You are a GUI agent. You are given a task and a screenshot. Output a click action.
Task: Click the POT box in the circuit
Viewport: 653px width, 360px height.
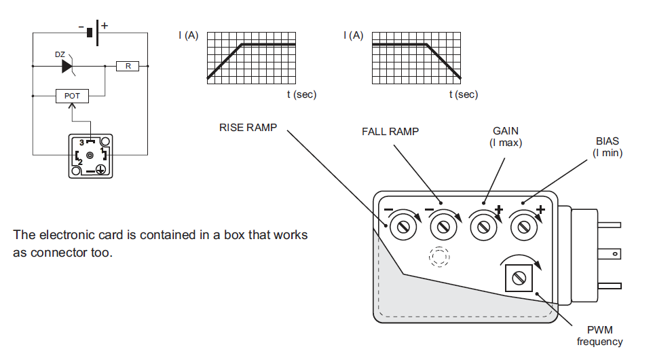(72, 96)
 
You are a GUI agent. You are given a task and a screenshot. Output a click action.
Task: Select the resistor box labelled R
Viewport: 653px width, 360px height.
(128, 66)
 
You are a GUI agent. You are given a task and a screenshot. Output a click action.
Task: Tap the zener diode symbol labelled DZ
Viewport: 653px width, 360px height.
(67, 66)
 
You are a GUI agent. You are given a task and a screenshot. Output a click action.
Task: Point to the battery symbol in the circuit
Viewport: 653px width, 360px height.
(93, 33)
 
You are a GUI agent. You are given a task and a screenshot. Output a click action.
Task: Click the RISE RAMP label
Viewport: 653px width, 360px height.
(248, 128)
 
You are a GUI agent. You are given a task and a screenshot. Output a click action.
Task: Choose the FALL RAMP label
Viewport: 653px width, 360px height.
(390, 132)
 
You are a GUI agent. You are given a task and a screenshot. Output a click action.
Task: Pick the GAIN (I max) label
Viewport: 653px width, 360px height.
(506, 137)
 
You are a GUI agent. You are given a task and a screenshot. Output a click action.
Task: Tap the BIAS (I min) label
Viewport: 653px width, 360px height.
(608, 147)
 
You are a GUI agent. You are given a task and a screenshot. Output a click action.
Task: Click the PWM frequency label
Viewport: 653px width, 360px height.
(599, 336)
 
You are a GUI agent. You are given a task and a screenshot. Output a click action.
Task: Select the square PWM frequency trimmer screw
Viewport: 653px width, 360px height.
(519, 278)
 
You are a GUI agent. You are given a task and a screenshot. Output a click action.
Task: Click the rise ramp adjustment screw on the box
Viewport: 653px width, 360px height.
(403, 227)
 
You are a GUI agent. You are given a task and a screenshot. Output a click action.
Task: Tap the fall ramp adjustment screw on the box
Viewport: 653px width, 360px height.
(443, 227)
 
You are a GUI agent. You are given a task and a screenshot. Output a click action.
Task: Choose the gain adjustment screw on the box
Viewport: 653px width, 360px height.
(483, 227)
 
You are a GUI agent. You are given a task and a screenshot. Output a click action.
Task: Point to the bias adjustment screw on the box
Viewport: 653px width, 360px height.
(524, 227)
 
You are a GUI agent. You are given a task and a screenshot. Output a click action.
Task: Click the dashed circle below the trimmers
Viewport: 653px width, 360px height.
(439, 257)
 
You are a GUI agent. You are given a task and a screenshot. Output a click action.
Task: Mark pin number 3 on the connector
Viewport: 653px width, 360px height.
(81, 143)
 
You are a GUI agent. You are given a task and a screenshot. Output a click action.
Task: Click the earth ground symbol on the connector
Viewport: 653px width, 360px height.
(100, 169)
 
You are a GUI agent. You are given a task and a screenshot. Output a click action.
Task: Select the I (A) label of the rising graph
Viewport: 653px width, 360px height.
(189, 35)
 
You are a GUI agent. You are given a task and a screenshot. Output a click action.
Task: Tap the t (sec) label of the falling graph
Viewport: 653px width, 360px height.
(464, 94)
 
